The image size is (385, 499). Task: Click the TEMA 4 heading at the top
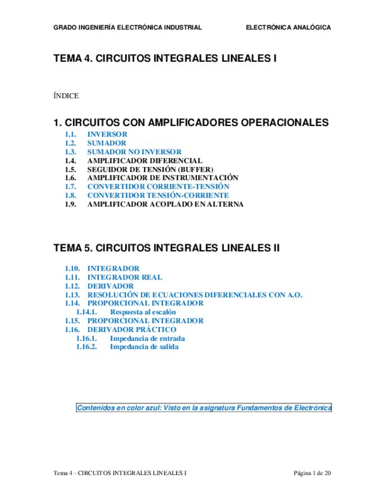[x=165, y=59]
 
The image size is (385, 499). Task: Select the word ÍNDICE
[x=66, y=95]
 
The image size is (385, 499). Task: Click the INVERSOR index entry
[x=107, y=134]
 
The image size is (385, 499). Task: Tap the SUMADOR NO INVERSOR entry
[x=134, y=151]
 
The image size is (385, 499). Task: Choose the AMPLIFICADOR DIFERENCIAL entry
[x=145, y=160]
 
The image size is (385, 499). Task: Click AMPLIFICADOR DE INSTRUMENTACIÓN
[x=162, y=178]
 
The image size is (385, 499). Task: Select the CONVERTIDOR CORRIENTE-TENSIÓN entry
[x=158, y=186]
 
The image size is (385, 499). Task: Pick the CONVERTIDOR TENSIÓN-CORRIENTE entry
[x=158, y=195]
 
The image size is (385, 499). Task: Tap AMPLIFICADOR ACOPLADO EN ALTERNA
[x=165, y=204]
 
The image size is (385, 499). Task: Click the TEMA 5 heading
[x=166, y=248]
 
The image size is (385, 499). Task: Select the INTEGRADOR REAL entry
[x=125, y=277]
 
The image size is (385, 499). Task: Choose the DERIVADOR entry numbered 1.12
[x=111, y=286]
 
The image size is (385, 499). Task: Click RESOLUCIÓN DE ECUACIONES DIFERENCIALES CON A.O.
[x=195, y=295]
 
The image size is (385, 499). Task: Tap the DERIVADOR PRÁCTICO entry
[x=132, y=330]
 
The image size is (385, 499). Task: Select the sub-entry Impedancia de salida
[x=144, y=347]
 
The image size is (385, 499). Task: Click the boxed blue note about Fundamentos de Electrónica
[x=204, y=408]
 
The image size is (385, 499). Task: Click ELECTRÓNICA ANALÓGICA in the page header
[x=288, y=28]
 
